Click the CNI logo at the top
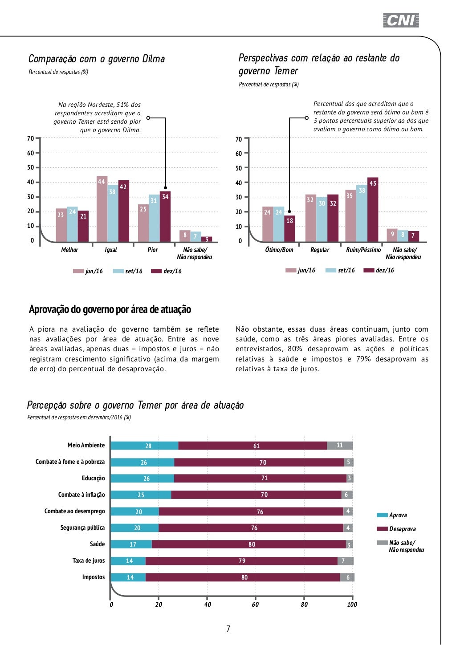(401, 20)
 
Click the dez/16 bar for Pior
(165, 217)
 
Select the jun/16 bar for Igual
(102, 209)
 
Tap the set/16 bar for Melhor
(72, 225)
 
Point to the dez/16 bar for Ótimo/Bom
(289, 229)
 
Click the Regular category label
(320, 250)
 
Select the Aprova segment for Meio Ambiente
(144, 446)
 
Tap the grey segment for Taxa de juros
(346, 561)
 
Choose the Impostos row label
(94, 577)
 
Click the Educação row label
(94, 478)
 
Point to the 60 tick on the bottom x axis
(255, 604)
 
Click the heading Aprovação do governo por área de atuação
(110, 309)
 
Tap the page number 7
(228, 629)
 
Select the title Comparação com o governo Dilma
(97, 59)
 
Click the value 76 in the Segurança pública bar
(254, 528)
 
